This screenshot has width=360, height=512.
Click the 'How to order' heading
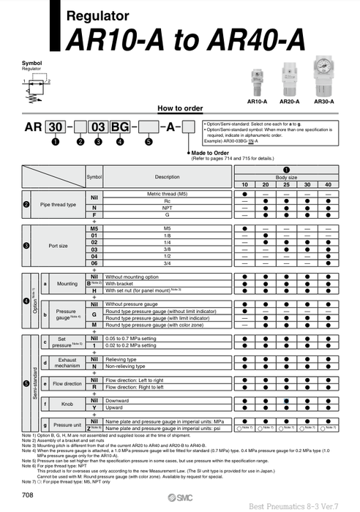point(180,108)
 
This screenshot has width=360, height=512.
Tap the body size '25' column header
point(286,184)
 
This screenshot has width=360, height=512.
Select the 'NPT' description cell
point(167,208)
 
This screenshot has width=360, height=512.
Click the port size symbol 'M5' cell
point(94,228)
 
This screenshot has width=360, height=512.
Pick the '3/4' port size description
point(167,262)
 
